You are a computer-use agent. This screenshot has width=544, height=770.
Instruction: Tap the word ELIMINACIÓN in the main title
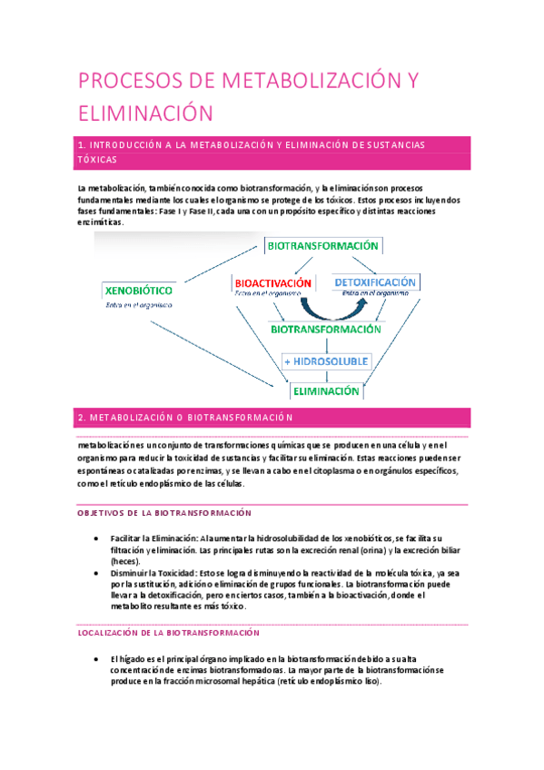144,114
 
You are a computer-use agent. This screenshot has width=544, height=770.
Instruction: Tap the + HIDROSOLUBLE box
325,360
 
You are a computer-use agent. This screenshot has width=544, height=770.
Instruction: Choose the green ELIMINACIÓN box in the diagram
324,391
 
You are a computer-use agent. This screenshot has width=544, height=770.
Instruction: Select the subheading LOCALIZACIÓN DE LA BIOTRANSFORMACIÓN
169,632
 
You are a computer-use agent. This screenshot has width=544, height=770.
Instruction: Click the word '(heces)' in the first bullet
124,562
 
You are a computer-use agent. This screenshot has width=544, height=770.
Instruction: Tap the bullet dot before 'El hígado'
96,658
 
